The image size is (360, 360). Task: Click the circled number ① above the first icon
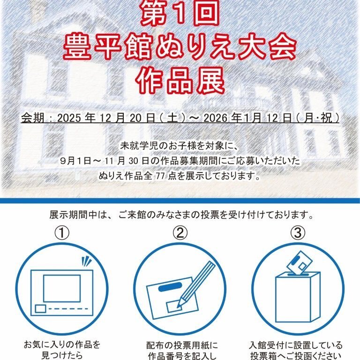62,232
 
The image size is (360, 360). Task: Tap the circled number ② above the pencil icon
180,232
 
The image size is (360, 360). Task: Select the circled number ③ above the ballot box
298,232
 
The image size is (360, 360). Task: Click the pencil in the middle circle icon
196,284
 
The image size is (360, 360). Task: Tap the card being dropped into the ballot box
299,263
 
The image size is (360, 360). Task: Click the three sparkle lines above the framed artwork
87,262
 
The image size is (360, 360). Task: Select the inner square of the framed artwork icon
62,288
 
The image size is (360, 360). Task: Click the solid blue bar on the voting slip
170,287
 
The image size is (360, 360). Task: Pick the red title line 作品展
180,81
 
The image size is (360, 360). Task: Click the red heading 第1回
180,13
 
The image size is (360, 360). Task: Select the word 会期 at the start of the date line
32,118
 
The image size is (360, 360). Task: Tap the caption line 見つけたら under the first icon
62,355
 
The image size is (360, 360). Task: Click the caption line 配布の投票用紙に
182,345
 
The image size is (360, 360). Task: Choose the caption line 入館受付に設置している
296,345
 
